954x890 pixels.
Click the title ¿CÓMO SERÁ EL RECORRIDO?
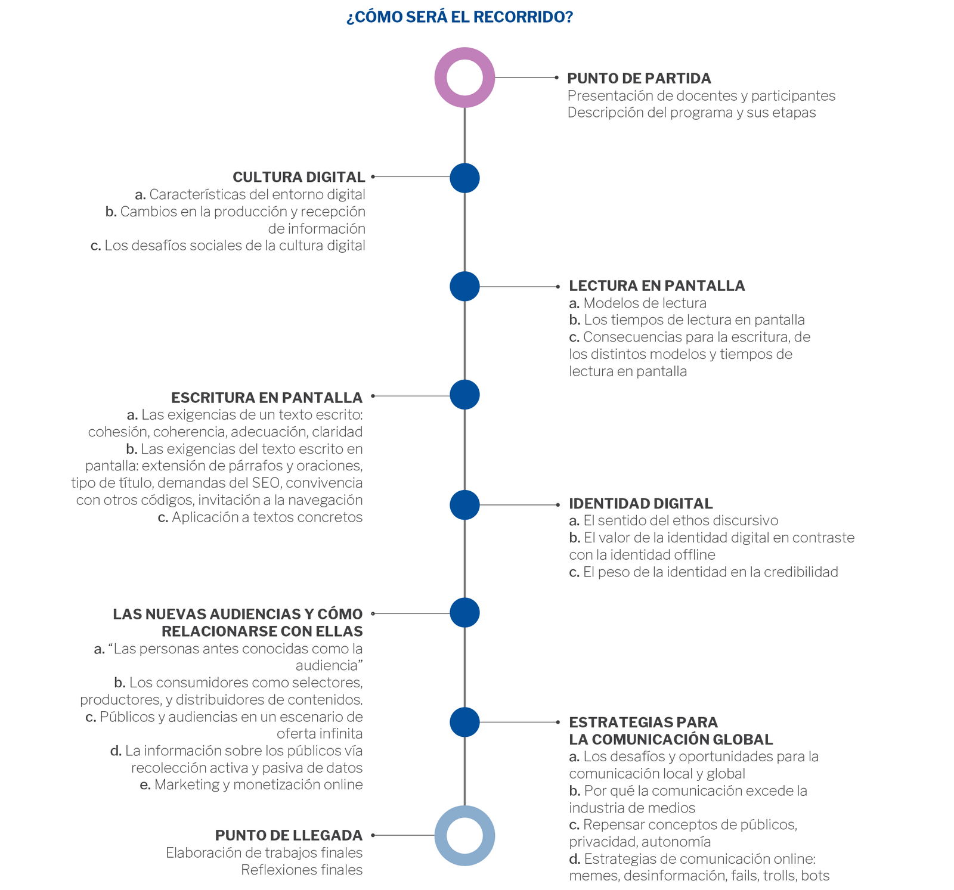(460, 17)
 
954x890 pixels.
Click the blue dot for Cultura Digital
(464, 178)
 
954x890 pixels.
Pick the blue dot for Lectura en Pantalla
(464, 286)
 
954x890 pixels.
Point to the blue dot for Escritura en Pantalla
(464, 395)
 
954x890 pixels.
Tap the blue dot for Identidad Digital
(464, 505)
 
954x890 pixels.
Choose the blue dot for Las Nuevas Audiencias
(464, 613)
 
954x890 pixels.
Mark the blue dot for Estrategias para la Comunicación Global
(464, 722)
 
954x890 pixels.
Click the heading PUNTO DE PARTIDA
(639, 78)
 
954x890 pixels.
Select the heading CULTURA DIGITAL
(299, 177)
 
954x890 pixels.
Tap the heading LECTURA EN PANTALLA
(657, 286)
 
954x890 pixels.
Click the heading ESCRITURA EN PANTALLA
(267, 398)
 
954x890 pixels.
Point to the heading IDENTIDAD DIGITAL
(641, 504)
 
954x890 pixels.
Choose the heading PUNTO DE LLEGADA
(289, 835)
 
